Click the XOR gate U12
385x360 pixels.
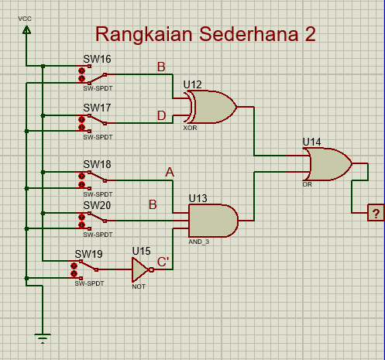tap(211, 107)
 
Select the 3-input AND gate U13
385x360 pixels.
tap(213, 221)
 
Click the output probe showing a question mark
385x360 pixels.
tap(376, 213)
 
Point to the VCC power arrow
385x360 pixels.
tap(26, 30)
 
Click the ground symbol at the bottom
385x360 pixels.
tap(43, 338)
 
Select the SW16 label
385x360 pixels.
tap(97, 59)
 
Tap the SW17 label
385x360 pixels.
tap(97, 108)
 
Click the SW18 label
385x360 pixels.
tap(97, 164)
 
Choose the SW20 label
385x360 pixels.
tap(97, 205)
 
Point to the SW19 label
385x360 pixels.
tap(88, 254)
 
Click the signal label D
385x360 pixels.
tap(161, 115)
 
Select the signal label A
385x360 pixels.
tap(170, 172)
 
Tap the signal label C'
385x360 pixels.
tap(163, 262)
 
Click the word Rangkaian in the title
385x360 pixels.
tap(144, 35)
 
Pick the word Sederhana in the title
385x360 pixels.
tap(249, 34)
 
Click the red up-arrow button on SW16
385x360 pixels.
tap(81, 70)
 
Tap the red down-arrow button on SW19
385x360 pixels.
tap(74, 273)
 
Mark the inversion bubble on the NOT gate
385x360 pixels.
tap(152, 270)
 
